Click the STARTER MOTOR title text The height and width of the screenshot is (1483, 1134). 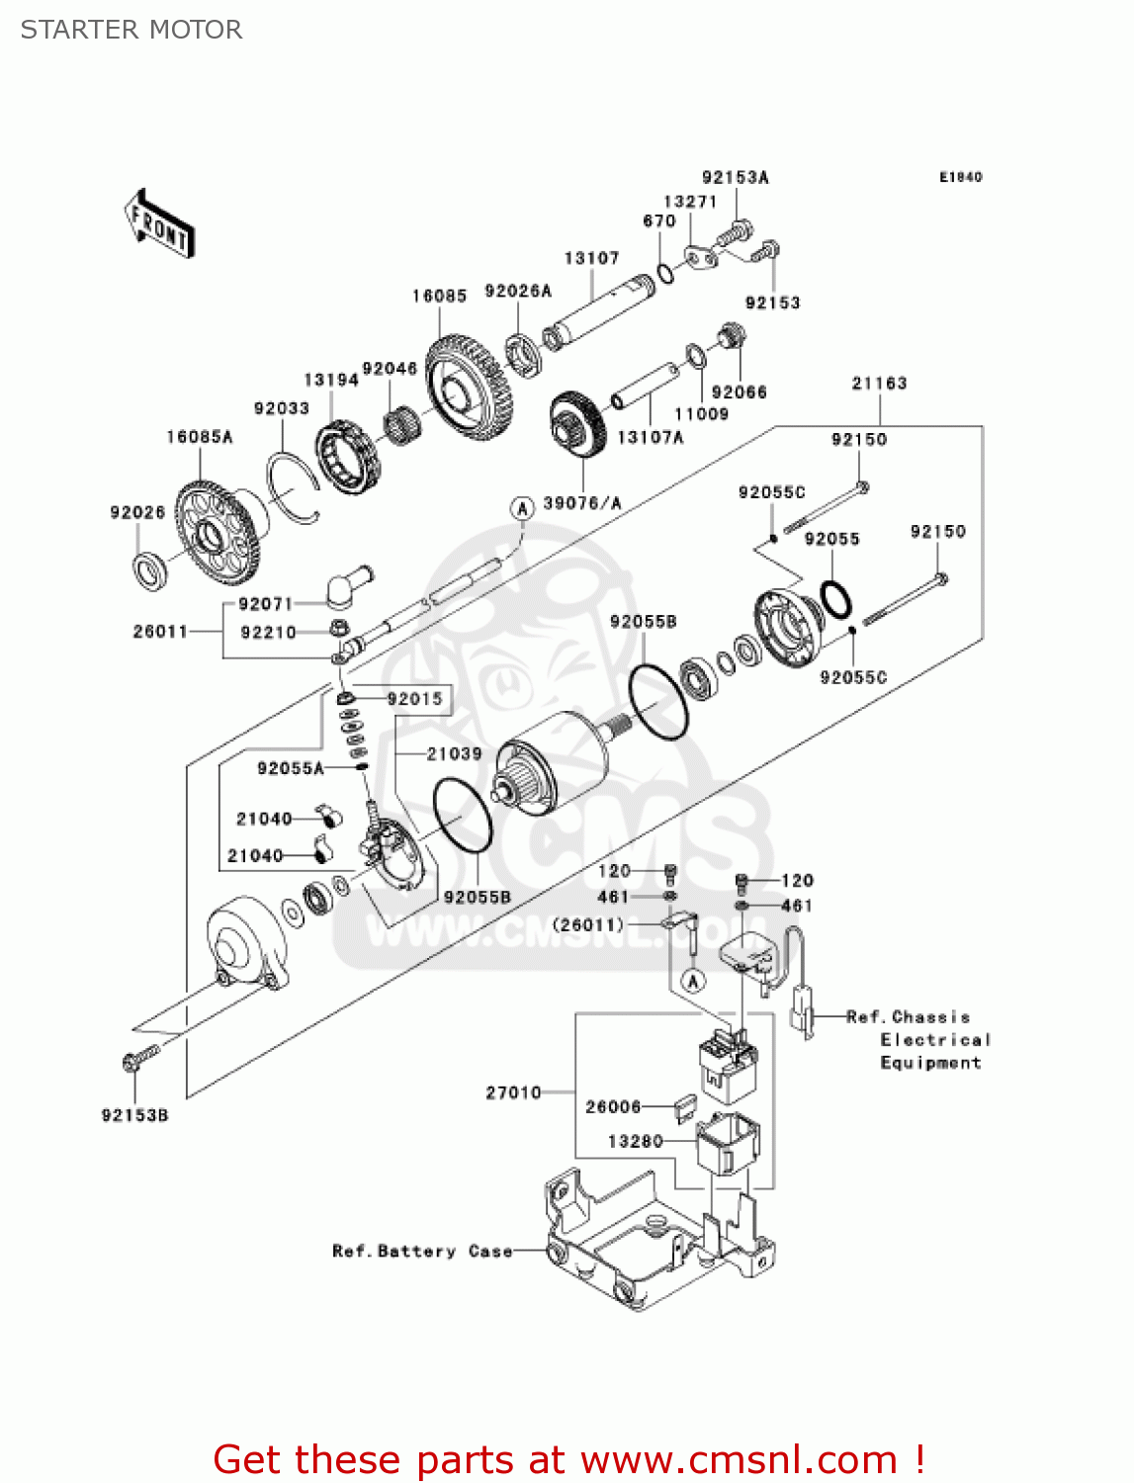point(131,30)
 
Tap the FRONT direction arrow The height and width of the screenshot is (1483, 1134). point(158,224)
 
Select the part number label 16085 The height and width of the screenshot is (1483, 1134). point(439,297)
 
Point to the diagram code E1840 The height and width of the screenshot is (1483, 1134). point(960,177)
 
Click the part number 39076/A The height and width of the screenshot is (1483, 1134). point(582,504)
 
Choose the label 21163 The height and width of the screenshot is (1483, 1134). point(879,384)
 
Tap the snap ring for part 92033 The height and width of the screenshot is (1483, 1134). point(294,486)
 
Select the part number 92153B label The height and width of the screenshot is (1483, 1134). point(134,1115)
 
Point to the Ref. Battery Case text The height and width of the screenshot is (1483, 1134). point(422,1252)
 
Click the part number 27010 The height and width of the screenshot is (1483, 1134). point(513,1092)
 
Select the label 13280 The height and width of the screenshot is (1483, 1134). point(635,1142)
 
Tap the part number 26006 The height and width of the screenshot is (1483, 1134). point(613,1107)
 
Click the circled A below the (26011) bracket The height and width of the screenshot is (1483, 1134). point(693,981)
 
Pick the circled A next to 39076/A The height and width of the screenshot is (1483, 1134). point(521,508)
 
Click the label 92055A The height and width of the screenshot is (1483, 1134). point(291,768)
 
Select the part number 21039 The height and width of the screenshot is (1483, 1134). point(454,754)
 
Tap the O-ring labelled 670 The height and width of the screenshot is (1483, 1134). point(667,272)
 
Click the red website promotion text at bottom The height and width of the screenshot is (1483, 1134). point(568,1459)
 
